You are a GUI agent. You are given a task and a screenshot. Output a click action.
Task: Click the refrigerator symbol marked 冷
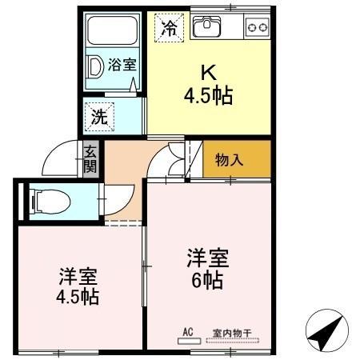169,28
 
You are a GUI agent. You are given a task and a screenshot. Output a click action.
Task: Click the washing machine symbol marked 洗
100,115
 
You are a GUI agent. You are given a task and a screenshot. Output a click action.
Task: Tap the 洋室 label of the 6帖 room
207,258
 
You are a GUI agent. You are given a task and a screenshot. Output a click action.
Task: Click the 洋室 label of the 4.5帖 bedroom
78,278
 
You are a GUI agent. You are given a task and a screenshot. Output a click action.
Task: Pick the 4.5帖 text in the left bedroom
78,298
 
